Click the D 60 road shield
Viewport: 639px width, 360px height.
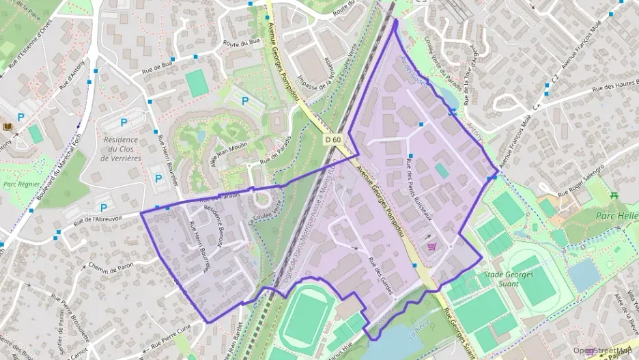pos(332,139)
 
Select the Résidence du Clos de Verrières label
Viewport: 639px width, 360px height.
pos(121,149)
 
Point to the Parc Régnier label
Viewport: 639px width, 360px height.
pos(19,184)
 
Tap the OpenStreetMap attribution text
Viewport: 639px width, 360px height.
pos(605,350)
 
